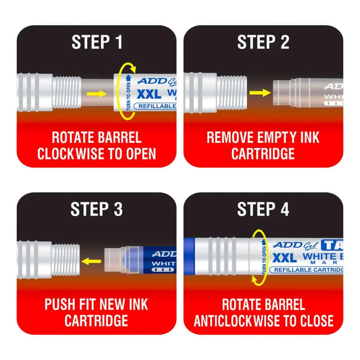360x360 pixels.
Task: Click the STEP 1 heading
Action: pyautogui.click(x=97, y=42)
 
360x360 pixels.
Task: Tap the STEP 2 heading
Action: pyautogui.click(x=263, y=42)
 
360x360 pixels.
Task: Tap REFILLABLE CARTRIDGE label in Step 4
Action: pyautogui.click(x=306, y=270)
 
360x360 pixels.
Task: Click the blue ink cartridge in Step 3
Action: pyautogui.click(x=148, y=260)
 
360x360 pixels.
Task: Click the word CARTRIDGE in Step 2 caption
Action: pyautogui.click(x=263, y=154)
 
